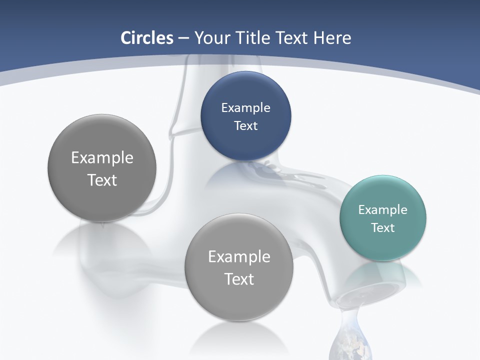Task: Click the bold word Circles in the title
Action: point(146,38)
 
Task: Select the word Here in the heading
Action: point(332,38)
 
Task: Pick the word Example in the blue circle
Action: point(245,108)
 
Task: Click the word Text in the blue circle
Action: point(245,126)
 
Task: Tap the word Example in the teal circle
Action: point(382,210)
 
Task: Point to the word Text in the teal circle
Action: point(383,228)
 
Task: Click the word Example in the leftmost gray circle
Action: point(102,158)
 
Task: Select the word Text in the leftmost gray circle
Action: point(102,180)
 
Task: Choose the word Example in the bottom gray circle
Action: point(239,257)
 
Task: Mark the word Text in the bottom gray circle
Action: point(239,279)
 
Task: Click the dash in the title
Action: point(183,38)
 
